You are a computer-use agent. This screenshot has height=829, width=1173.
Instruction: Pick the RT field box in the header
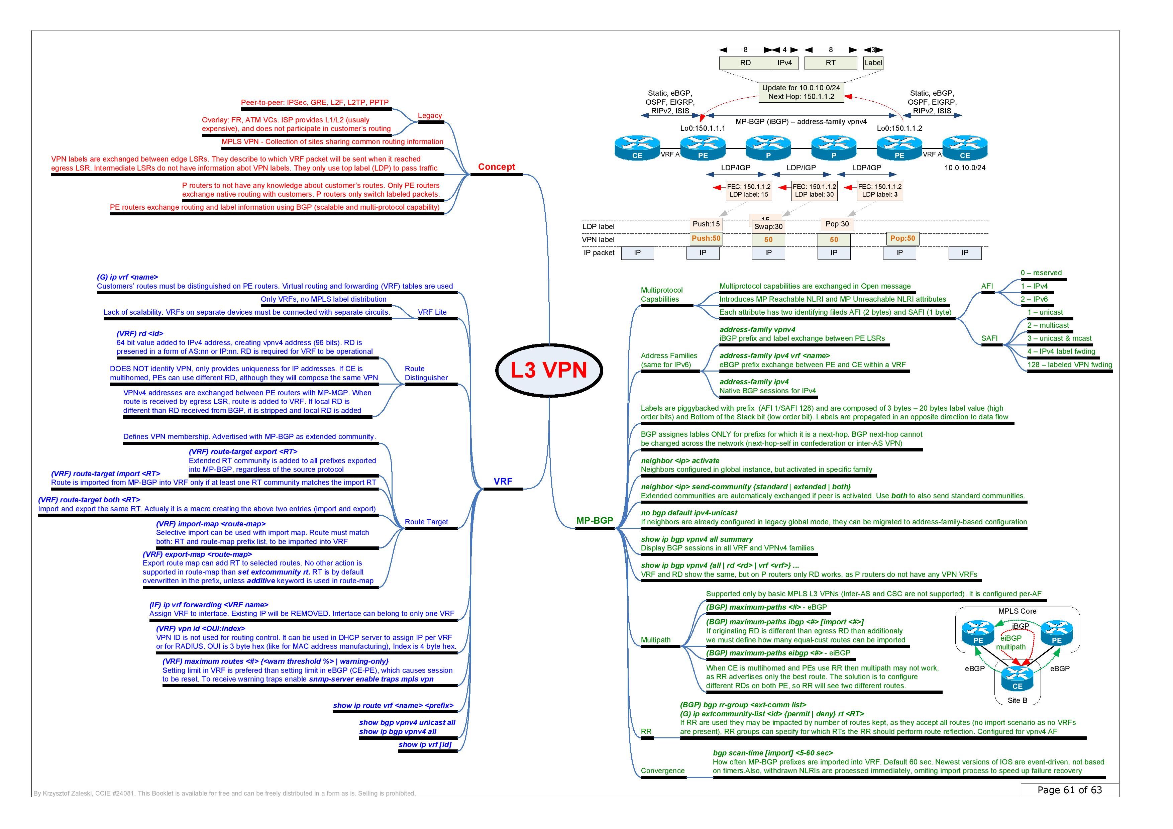coord(831,63)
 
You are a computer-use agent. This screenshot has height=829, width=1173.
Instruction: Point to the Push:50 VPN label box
coord(706,238)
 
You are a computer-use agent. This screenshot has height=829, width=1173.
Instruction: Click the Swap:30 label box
coord(768,227)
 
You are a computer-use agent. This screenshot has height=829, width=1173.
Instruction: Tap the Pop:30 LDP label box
coord(837,224)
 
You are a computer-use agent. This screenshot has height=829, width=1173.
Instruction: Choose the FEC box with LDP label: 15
coord(749,191)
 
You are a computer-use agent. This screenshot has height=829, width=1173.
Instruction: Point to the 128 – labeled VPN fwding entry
coord(1069,365)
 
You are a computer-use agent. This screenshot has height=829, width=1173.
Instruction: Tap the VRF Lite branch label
coord(432,312)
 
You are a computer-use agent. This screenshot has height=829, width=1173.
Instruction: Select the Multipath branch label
coord(655,640)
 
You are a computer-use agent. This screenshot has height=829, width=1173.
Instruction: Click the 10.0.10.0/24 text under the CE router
coord(965,168)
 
